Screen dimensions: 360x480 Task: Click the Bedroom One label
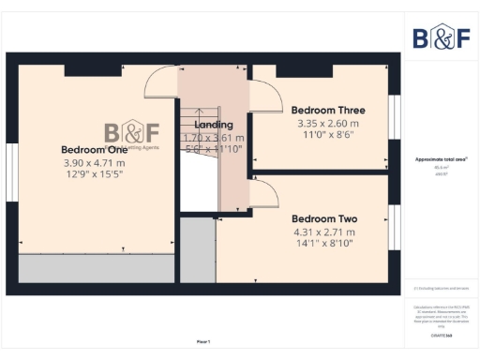(94, 149)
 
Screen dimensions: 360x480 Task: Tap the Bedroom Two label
(324, 217)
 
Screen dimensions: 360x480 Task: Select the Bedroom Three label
(328, 110)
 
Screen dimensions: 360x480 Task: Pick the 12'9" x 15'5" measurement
(94, 173)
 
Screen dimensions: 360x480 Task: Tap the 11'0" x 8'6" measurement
(328, 135)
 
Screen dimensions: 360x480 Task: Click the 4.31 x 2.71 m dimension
(324, 231)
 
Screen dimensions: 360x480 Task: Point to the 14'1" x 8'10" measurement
(324, 243)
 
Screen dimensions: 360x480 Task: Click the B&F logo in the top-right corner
(442, 37)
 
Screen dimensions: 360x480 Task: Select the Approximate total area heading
(442, 159)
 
